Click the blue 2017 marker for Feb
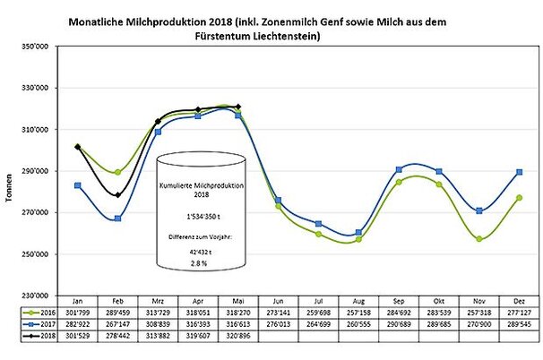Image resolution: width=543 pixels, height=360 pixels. (x=117, y=219)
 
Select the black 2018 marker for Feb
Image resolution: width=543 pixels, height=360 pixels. (x=117, y=195)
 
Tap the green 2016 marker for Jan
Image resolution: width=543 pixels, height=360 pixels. (x=78, y=147)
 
